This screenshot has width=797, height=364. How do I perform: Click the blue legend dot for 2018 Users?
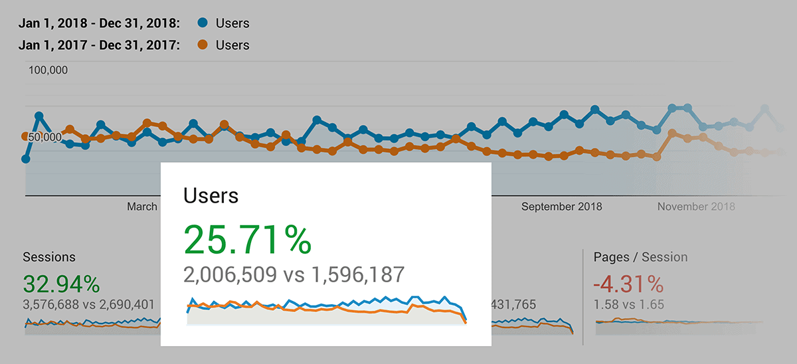click(203, 23)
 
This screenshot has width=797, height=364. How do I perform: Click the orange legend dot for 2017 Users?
click(203, 45)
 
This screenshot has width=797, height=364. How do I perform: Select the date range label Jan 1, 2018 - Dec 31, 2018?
click(99, 23)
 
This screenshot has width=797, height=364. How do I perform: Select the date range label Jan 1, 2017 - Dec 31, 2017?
click(99, 45)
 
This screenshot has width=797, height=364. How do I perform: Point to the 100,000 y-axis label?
click(48, 70)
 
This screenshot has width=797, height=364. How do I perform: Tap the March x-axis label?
click(142, 207)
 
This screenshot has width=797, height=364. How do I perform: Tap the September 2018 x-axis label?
click(561, 207)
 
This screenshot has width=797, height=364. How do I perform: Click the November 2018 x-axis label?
click(696, 207)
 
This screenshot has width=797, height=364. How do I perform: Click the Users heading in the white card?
click(211, 195)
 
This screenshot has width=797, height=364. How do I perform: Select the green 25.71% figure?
click(247, 240)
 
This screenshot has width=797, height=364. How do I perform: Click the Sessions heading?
click(49, 257)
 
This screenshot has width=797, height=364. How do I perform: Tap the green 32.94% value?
click(61, 284)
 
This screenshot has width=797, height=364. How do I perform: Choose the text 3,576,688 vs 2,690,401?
click(88, 305)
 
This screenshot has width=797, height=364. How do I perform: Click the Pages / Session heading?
click(640, 257)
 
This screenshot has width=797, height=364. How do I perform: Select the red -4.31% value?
click(628, 284)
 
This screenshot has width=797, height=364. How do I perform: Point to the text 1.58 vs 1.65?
click(629, 305)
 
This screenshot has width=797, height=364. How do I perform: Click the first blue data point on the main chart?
click(26, 159)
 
